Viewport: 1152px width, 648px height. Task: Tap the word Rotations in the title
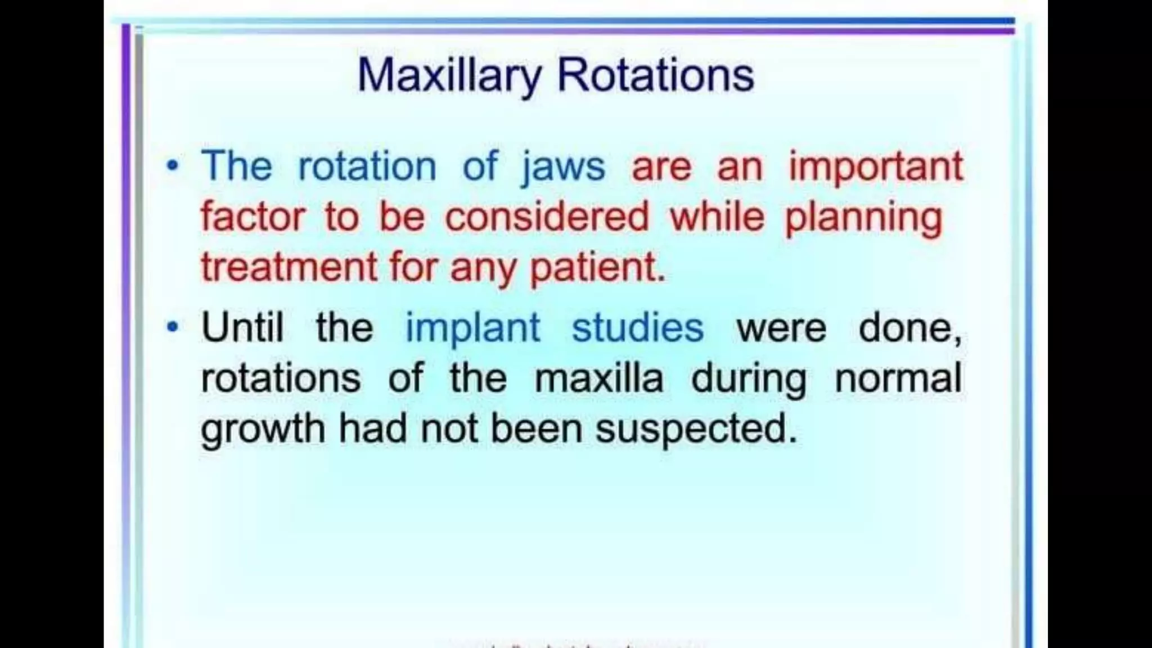pyautogui.click(x=655, y=76)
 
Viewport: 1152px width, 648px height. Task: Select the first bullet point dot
pyautogui.click(x=173, y=166)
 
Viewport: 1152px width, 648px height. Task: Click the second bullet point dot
pyautogui.click(x=173, y=327)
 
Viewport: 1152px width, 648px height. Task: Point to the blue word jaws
pyautogui.click(x=563, y=167)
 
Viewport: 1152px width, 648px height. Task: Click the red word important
pyautogui.click(x=875, y=167)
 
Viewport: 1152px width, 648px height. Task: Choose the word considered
pyautogui.click(x=547, y=217)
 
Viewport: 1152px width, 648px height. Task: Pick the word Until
pyautogui.click(x=242, y=327)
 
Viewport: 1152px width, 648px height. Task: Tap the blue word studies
pyautogui.click(x=637, y=327)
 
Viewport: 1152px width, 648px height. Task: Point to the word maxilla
pyautogui.click(x=598, y=378)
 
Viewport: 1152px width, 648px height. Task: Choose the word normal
pyautogui.click(x=898, y=378)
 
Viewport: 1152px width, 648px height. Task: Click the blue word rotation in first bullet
pyautogui.click(x=367, y=167)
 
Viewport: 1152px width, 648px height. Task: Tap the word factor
pyautogui.click(x=253, y=217)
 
